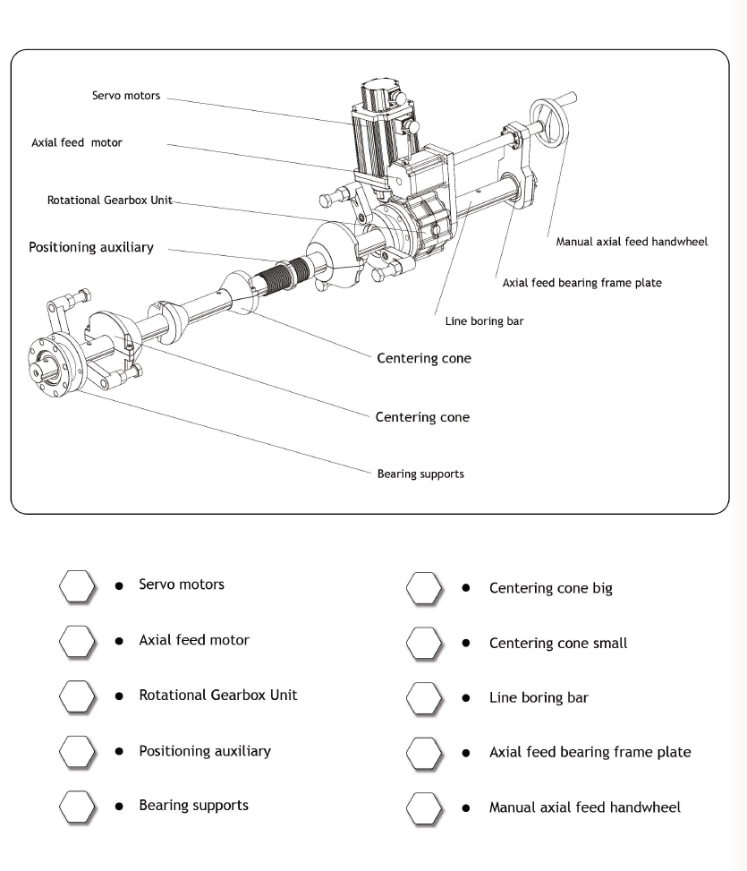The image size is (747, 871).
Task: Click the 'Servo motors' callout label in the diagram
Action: click(126, 95)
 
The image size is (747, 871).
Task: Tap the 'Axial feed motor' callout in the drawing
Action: click(77, 142)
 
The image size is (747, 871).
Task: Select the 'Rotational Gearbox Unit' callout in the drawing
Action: click(109, 200)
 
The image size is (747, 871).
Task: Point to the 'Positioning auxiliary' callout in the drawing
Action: click(91, 247)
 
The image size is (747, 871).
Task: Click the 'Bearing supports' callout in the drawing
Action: click(420, 474)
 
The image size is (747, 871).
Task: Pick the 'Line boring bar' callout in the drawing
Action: click(484, 321)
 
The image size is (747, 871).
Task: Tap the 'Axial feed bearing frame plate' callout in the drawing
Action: click(582, 283)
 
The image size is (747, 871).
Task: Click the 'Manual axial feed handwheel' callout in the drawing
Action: click(632, 242)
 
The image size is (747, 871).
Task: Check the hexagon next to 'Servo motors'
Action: click(77, 585)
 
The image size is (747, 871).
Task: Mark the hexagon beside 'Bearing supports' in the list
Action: click(77, 807)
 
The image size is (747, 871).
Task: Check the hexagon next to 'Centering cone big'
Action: click(424, 588)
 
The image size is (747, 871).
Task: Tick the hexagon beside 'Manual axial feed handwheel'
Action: click(424, 807)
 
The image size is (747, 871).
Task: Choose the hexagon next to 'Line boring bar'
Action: click(424, 698)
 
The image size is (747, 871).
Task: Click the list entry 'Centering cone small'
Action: click(558, 644)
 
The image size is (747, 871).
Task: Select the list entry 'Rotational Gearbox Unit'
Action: click(217, 696)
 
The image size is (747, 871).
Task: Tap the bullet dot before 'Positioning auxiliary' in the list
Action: click(119, 752)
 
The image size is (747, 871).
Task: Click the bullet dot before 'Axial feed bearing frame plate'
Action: click(466, 754)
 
